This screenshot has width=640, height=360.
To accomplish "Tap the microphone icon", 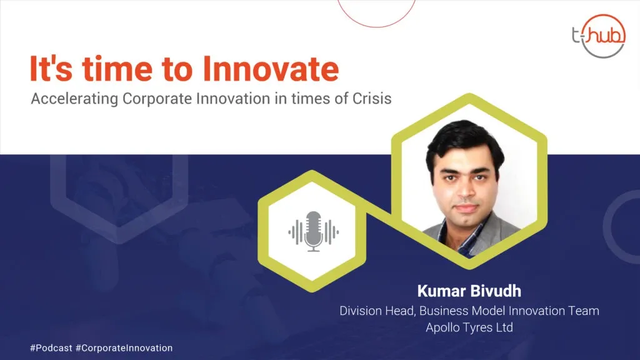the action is [x=314, y=231].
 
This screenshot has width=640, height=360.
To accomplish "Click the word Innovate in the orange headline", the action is [x=271, y=69].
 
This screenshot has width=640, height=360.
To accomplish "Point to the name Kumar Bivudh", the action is [x=469, y=291].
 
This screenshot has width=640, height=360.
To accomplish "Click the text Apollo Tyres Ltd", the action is [x=469, y=327].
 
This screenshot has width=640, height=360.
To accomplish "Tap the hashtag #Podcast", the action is [x=51, y=348].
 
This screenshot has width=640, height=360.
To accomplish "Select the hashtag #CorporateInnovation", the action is [x=124, y=348].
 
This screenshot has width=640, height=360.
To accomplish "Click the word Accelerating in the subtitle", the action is [x=74, y=99].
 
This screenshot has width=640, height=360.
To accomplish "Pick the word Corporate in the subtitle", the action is [x=157, y=99].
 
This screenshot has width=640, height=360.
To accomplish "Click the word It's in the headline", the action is [x=51, y=69].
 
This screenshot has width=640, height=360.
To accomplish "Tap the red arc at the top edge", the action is [x=376, y=21].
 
